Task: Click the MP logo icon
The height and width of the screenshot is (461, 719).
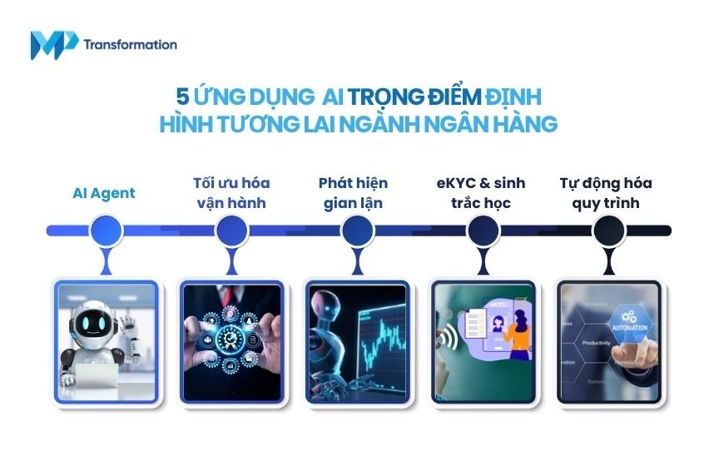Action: pos(54,44)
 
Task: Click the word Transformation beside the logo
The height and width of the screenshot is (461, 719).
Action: pos(130,44)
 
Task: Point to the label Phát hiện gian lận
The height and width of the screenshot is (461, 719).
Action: pos(353,192)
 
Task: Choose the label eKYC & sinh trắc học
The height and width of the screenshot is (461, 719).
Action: pos(478,192)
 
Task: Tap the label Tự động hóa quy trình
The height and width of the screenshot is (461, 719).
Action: pos(605,192)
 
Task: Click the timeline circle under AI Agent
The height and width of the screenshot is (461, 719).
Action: pos(105,230)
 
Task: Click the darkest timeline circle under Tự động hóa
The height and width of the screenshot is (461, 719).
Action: pos(608,230)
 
